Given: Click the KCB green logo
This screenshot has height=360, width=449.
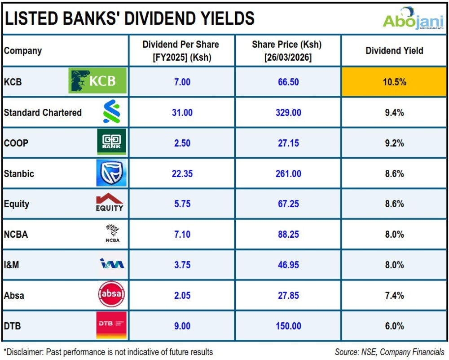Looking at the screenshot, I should (97, 81).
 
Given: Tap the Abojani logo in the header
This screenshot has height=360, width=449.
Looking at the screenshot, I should (413, 19).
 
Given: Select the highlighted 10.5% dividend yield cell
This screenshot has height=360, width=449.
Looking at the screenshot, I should (394, 82).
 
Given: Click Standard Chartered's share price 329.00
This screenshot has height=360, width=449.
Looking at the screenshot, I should (288, 113).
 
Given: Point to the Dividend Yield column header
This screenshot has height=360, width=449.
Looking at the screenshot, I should (394, 51).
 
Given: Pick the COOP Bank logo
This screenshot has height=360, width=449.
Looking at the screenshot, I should (111, 142).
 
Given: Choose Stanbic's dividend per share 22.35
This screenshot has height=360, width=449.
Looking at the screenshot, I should (182, 173).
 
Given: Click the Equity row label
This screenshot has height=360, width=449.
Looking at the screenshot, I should (17, 204).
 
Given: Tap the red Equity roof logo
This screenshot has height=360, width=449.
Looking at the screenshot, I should (109, 203).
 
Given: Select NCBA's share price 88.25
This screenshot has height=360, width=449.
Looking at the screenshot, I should (288, 235).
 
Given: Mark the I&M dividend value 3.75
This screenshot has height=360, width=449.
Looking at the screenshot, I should (182, 265).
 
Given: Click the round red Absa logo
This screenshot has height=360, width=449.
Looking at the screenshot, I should (111, 295).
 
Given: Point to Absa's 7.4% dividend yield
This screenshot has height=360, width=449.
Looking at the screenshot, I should (394, 296).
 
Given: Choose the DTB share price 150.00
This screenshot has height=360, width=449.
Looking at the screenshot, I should (288, 326).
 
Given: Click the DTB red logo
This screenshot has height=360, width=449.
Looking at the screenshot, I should (111, 324).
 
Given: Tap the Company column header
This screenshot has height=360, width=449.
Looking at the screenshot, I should (23, 51).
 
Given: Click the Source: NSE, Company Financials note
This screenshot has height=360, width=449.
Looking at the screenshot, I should (389, 352).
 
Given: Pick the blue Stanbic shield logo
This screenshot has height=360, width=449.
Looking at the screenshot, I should (111, 173).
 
